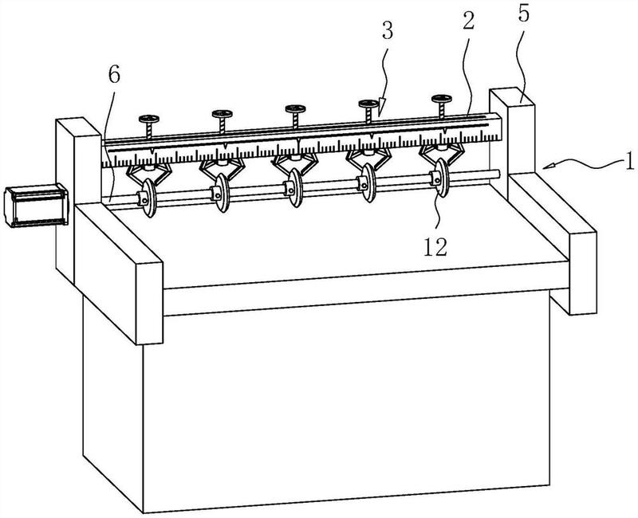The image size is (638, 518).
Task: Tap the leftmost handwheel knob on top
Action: point(148,119)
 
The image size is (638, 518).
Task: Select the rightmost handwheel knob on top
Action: point(440,100)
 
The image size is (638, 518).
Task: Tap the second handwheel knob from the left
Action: point(222,114)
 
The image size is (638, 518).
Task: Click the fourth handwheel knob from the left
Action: point(368,104)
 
